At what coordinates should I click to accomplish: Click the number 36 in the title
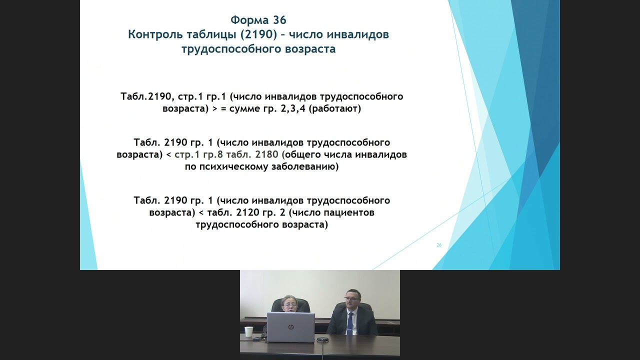pyautogui.click(x=279, y=20)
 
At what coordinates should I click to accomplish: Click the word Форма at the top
pyautogui.click(x=249, y=20)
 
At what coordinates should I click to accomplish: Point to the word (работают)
pyautogui.click(x=334, y=108)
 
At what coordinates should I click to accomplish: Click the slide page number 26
pyautogui.click(x=439, y=245)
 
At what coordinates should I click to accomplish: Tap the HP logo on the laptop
pyautogui.click(x=290, y=327)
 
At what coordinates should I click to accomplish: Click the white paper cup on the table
pyautogui.click(x=248, y=332)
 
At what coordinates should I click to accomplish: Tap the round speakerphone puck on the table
pyautogui.click(x=322, y=339)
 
